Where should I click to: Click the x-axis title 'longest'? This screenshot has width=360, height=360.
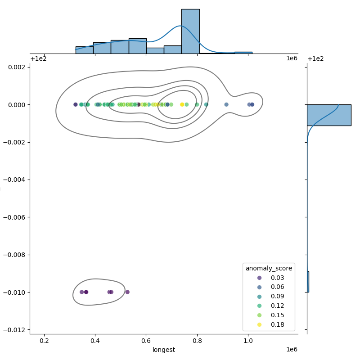tap(164, 350)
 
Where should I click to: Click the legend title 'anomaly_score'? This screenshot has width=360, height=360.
tap(269, 268)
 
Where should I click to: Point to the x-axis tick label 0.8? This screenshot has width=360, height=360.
tap(197, 341)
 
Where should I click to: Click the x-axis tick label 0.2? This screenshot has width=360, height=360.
tap(44, 341)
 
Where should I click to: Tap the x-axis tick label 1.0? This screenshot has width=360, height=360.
tap(248, 341)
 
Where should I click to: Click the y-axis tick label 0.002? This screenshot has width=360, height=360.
tap(18, 67)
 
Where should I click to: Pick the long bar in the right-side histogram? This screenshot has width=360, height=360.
tap(328, 115)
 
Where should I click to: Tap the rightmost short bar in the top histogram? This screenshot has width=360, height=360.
tap(243, 53)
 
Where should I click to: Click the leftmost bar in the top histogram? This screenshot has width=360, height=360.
tap(84, 50)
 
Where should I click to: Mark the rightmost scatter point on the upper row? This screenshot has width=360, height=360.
tap(252, 104)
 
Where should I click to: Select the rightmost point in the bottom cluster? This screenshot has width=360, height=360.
tap(127, 292)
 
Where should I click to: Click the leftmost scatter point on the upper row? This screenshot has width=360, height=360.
tap(76, 104)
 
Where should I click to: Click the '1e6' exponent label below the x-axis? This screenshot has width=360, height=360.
tap(292, 350)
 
